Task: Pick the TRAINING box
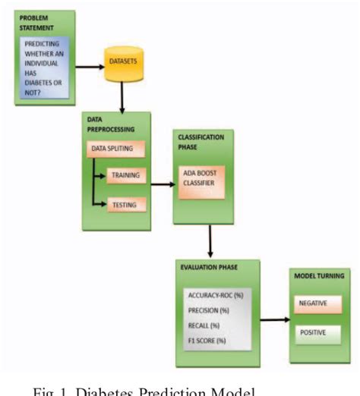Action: coord(125,175)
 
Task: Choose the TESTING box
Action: coord(125,204)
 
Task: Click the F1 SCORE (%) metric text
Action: coord(206,341)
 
